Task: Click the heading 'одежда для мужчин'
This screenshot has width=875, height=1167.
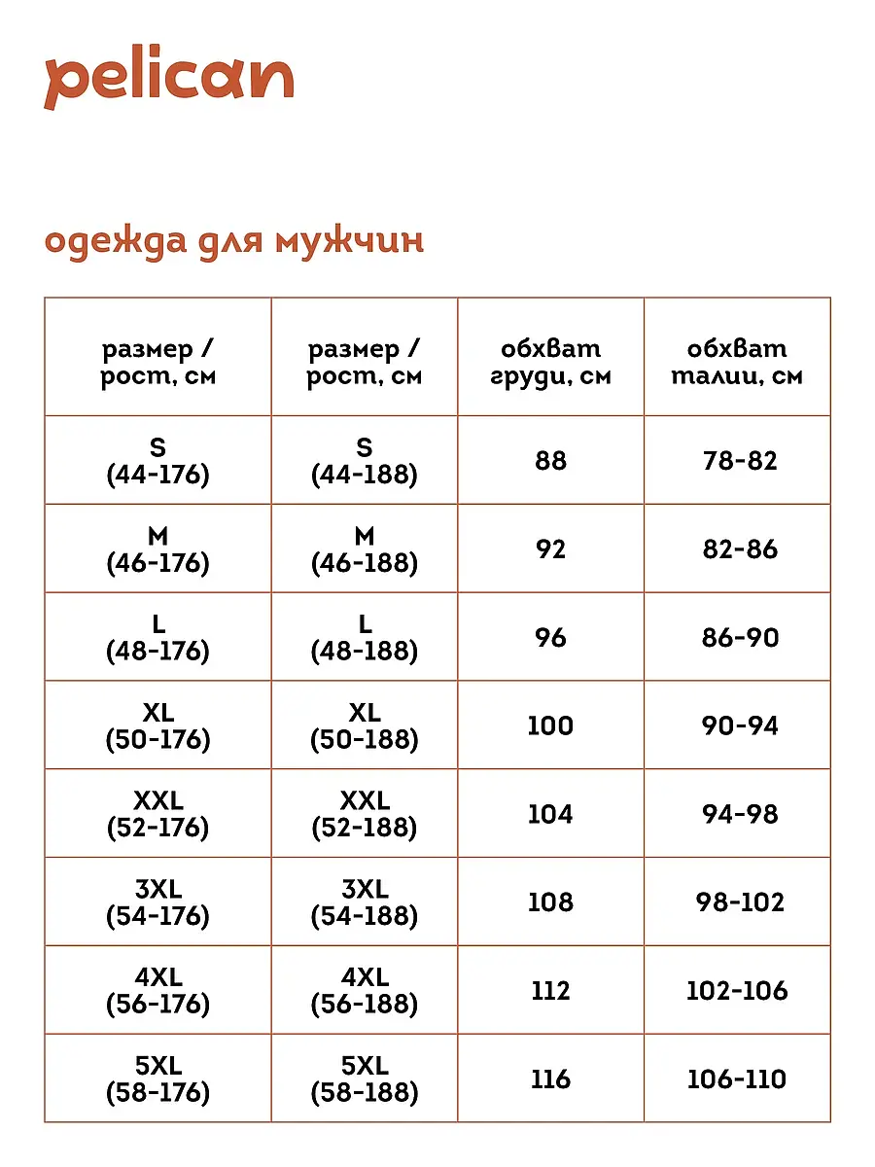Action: coord(234,240)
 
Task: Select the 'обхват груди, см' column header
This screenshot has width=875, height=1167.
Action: coord(550,362)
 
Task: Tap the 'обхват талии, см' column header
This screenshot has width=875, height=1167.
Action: coord(737,362)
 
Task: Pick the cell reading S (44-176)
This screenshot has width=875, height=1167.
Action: coord(157,460)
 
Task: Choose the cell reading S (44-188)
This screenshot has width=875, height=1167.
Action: coord(365,460)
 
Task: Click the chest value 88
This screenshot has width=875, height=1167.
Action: coord(550,460)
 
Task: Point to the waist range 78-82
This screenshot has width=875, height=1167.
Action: coord(740,460)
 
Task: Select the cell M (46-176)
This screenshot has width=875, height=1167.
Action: coord(157,548)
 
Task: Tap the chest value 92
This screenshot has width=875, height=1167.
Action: coord(550,548)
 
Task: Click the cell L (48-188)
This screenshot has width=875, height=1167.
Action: coord(365,637)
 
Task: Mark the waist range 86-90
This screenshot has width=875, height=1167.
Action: coord(740,637)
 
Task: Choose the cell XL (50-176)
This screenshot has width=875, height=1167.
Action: coord(157,725)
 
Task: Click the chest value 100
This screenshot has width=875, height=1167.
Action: coord(550,725)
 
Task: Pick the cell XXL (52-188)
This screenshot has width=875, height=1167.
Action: coord(365,814)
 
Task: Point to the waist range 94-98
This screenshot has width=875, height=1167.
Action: coord(740,814)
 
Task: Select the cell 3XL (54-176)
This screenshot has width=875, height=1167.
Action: coord(157,902)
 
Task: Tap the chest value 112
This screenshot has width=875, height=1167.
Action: coord(550,991)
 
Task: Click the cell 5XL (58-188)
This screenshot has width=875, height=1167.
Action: coord(365,1079)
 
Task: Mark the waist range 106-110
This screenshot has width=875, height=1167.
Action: coord(737,1079)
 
